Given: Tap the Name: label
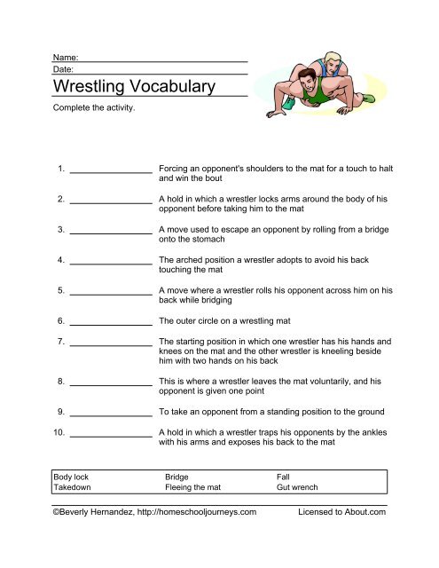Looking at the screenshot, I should [x=66, y=57].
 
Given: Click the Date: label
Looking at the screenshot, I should [x=63, y=68].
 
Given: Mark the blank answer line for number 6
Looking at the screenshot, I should [x=111, y=322].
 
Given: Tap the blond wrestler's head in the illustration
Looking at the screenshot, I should [x=332, y=60].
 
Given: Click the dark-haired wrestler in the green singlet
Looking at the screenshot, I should [x=310, y=89].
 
